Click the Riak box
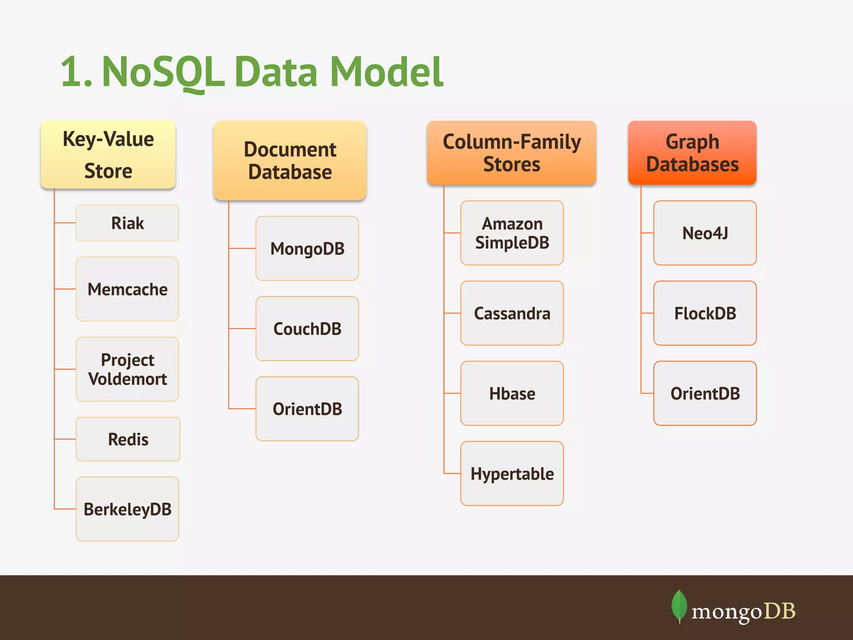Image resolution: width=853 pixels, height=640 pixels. click(x=127, y=223)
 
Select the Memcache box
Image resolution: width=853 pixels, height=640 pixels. click(x=127, y=289)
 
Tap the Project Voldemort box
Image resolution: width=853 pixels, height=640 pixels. click(x=127, y=369)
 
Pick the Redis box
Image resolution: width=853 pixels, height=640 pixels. click(x=128, y=439)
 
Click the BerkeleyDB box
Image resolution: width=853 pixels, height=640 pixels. click(x=127, y=509)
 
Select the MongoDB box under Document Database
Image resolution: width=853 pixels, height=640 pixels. click(x=307, y=248)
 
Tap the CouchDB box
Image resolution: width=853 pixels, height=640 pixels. click(x=307, y=329)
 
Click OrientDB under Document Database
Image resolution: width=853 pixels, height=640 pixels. click(x=307, y=409)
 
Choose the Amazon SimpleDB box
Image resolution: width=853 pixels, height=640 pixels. click(x=512, y=233)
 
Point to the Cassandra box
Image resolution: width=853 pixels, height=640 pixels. click(x=512, y=313)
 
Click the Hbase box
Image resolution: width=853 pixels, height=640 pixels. click(x=512, y=393)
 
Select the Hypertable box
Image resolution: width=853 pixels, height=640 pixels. click(x=512, y=474)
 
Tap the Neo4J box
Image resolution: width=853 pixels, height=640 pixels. click(x=705, y=233)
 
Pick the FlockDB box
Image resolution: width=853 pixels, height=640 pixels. click(x=705, y=313)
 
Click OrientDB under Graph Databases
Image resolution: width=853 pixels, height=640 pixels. click(x=705, y=393)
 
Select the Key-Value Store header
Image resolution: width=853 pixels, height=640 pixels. click(x=108, y=155)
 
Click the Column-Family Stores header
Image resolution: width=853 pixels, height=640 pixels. click(x=511, y=153)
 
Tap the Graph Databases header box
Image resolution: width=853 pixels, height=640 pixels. click(x=692, y=153)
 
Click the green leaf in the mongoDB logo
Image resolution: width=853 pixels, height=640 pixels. click(x=679, y=605)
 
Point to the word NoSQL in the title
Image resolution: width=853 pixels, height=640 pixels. click(x=163, y=72)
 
